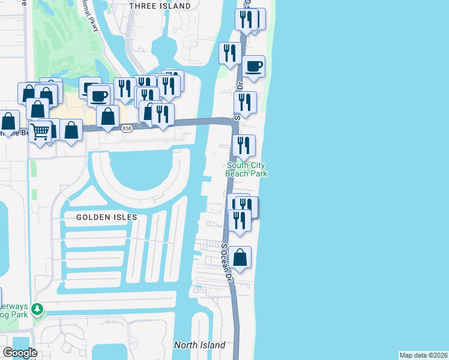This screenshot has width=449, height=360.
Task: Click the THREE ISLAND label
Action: click(160, 6)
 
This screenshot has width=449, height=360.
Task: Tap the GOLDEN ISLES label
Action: click(107, 217)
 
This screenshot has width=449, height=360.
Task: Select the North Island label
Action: click(200, 345)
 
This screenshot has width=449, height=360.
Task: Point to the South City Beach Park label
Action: click(246, 169)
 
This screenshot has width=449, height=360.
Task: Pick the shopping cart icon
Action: click(40, 131)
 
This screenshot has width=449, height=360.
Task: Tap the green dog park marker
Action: click(37, 310)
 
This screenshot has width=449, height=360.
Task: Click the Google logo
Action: click(20, 353)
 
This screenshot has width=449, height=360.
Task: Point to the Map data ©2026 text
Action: click(424, 355)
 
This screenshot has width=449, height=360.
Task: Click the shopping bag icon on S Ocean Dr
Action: click(240, 257)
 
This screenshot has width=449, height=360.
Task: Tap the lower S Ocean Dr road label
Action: click(226, 262)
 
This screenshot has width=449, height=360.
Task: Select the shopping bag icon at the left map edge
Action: click(8, 121)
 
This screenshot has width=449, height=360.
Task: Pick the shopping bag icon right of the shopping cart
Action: click(71, 130)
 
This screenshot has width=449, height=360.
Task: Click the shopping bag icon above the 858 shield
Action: click(108, 116)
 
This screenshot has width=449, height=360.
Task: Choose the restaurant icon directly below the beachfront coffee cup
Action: click(245, 103)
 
